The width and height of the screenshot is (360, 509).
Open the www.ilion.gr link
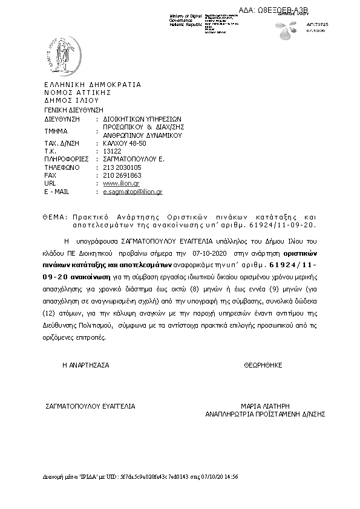(x=122, y=183)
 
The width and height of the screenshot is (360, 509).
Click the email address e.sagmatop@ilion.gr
(x=133, y=192)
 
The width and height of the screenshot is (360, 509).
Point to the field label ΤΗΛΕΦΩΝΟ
(x=62, y=167)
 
